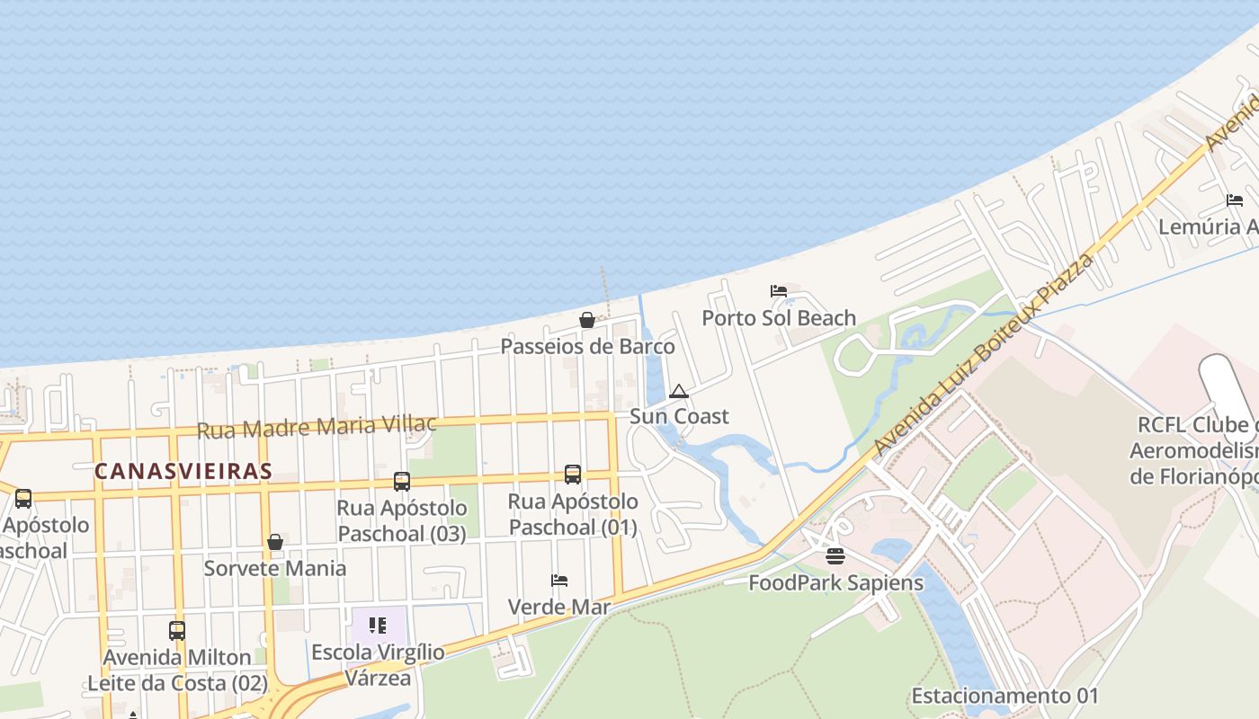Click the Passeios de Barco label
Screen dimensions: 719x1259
point(587,347)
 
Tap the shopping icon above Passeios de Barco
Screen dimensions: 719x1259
point(587,320)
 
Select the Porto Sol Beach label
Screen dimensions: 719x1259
point(779,318)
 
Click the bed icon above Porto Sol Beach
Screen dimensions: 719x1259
point(779,291)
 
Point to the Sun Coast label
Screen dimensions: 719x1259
point(679,417)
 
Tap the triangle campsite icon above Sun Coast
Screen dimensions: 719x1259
point(679,391)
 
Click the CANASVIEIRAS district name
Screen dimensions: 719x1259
point(183,471)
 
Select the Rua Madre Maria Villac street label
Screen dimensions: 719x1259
point(317,427)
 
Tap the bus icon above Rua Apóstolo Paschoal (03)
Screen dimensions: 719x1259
point(402,482)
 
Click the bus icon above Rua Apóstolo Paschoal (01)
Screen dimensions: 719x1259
point(573,475)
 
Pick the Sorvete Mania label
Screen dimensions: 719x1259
point(275,569)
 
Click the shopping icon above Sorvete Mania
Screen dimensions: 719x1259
point(275,542)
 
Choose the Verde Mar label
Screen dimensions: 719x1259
point(559,608)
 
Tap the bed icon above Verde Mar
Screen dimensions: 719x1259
point(559,581)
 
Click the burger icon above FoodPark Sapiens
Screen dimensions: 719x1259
point(835,556)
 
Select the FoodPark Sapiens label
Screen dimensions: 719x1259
point(836,583)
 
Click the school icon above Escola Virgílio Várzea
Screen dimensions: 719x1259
point(378,625)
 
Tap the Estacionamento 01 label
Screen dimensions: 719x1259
point(1005,697)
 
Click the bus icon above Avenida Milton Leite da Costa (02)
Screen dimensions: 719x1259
point(177,631)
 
